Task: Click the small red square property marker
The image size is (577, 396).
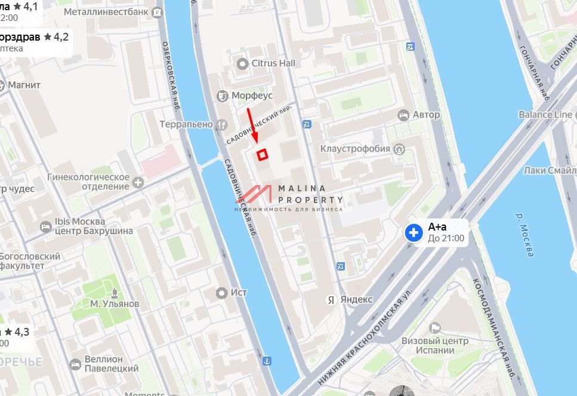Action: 262,155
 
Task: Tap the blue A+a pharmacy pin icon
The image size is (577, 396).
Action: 414,232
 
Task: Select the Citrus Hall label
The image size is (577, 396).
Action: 273,63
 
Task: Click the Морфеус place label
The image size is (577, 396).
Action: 252,96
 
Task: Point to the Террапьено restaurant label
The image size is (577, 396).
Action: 186,124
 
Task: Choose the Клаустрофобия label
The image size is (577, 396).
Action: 355,148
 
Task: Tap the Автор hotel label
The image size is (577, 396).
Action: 425,114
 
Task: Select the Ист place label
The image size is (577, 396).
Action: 239,293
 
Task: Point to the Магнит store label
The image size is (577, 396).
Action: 24,85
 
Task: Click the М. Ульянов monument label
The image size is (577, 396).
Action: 115,303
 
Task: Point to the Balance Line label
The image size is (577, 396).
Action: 545,114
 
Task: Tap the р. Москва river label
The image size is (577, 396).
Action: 523,236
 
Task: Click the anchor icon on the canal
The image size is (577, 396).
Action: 267,361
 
